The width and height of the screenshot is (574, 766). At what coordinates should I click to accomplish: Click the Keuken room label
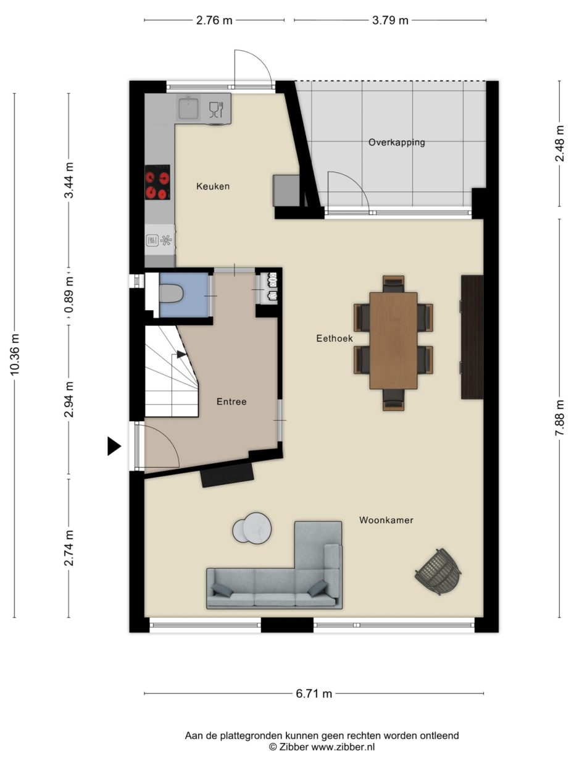pyautogui.click(x=213, y=186)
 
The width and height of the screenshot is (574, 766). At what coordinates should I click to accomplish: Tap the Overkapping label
pyautogui.click(x=396, y=142)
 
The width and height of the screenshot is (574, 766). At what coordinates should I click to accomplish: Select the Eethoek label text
pyautogui.click(x=334, y=339)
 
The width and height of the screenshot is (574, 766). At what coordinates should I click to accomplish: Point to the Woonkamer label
pyautogui.click(x=386, y=520)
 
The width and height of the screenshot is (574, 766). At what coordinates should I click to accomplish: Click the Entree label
pyautogui.click(x=231, y=402)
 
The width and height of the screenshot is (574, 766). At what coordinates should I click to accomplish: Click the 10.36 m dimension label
pyautogui.click(x=15, y=355)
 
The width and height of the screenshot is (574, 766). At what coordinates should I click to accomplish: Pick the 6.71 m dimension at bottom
pyautogui.click(x=314, y=694)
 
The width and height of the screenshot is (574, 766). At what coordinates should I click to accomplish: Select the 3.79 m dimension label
pyautogui.click(x=390, y=20)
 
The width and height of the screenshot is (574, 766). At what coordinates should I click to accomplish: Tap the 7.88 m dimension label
pyautogui.click(x=560, y=418)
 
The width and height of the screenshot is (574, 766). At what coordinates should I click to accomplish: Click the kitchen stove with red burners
pyautogui.click(x=157, y=183)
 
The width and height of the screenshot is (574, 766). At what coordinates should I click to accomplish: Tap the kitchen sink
pyautogui.click(x=188, y=109)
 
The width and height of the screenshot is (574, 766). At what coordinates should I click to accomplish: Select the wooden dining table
pyautogui.click(x=393, y=340)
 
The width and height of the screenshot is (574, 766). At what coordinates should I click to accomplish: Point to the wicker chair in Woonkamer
pyautogui.click(x=439, y=571)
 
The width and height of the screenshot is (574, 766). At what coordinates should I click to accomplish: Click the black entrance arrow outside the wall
pyautogui.click(x=114, y=446)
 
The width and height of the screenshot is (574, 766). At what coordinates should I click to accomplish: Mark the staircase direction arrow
pyautogui.click(x=180, y=355)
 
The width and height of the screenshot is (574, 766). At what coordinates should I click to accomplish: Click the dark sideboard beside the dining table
pyautogui.click(x=472, y=337)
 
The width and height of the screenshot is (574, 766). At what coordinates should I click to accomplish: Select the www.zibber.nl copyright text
pyautogui.click(x=322, y=747)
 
